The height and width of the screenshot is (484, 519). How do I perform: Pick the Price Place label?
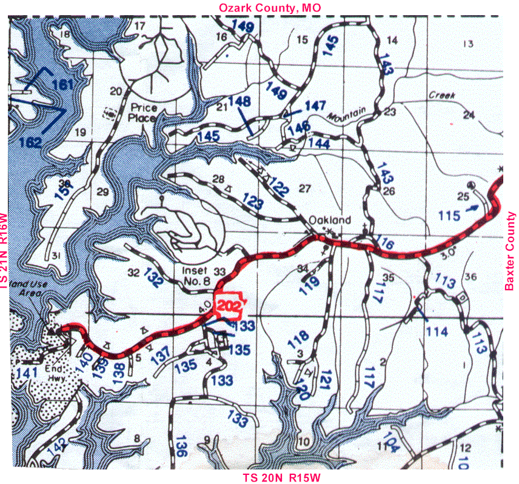[x=144, y=113]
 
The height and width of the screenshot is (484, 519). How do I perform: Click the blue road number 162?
[x=30, y=143]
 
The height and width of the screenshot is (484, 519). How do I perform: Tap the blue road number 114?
[x=437, y=331]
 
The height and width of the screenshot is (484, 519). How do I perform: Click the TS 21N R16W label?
[x=5, y=250]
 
